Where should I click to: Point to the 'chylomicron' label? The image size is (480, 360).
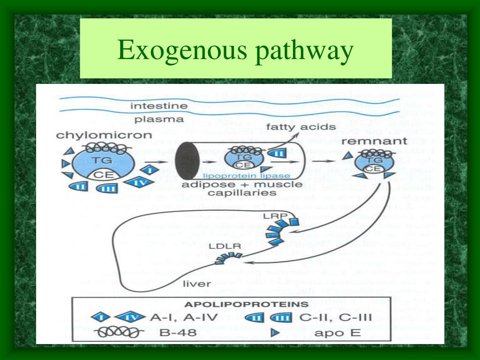tap(104, 135)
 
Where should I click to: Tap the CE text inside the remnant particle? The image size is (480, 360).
tap(372, 169)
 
